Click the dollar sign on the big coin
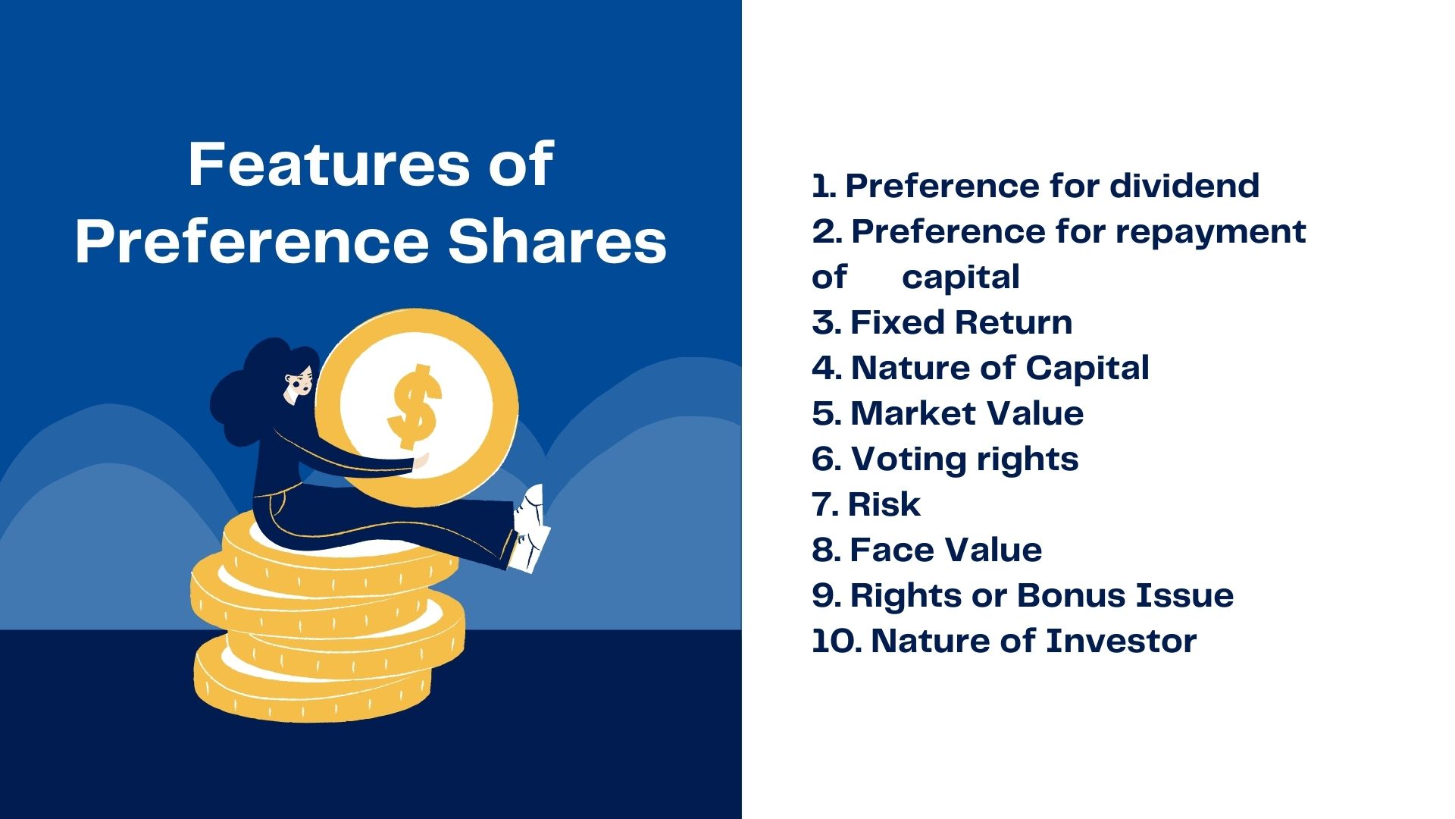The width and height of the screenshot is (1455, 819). (414, 406)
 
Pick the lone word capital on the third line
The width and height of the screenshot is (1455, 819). (960, 278)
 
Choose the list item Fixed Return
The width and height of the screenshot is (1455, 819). (960, 322)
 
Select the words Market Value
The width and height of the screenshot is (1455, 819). (966, 413)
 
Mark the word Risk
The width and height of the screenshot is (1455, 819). (884, 504)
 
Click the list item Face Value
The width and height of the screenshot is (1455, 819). (945, 550)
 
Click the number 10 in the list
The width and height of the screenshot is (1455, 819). (835, 642)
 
